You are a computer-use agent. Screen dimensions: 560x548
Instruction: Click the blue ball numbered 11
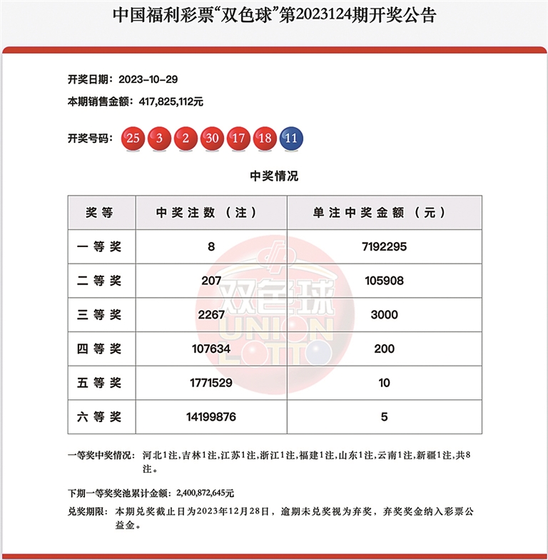pos(290,139)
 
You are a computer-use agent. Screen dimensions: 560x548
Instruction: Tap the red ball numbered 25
pos(133,139)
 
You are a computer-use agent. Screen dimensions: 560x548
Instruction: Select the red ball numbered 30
pos(211,139)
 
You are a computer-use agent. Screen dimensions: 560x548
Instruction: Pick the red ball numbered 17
pos(238,139)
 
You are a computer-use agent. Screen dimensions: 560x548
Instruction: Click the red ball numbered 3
pos(159,139)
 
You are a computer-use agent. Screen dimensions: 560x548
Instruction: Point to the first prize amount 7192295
pos(384,246)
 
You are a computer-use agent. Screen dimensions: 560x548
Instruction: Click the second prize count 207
pos(211,281)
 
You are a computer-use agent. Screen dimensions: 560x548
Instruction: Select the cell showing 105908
pos(384,281)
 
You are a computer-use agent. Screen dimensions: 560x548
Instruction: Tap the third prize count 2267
pos(211,315)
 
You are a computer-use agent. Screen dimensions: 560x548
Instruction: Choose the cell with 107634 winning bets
pos(211,349)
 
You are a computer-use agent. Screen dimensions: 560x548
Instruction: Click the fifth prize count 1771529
pos(211,384)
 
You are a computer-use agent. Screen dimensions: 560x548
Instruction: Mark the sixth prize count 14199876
pos(211,417)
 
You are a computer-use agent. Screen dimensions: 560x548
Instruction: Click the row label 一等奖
pos(100,246)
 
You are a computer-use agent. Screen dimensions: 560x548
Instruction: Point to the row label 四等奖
pos(100,349)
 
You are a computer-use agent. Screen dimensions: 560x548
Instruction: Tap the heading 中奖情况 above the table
pos(274,176)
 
